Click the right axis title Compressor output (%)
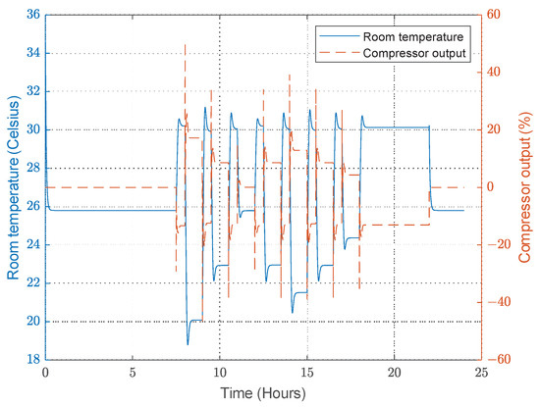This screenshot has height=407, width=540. pyautogui.click(x=527, y=186)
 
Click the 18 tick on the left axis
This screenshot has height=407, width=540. pyautogui.click(x=33, y=360)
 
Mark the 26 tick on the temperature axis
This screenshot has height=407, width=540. pyautogui.click(x=33, y=206)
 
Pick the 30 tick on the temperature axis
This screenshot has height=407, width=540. pyautogui.click(x=33, y=129)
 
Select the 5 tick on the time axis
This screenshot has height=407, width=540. pyautogui.click(x=132, y=373)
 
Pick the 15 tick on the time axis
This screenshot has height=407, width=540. pyautogui.click(x=306, y=373)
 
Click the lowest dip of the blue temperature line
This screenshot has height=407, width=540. pyautogui.click(x=188, y=343)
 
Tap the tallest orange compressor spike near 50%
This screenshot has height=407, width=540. pyautogui.click(x=185, y=45)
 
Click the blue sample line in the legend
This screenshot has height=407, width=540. pyautogui.click(x=335, y=35)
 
